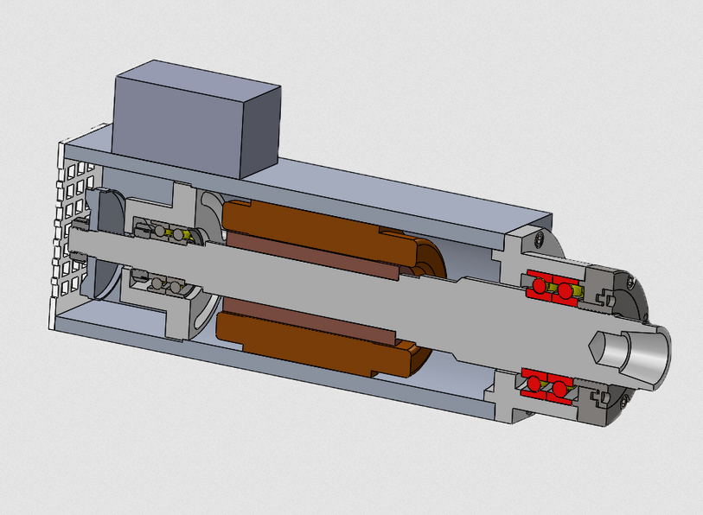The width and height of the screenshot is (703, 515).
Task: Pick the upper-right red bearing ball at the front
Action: coord(566,291)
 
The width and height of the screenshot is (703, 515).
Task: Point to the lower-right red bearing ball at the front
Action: coord(560,391)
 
